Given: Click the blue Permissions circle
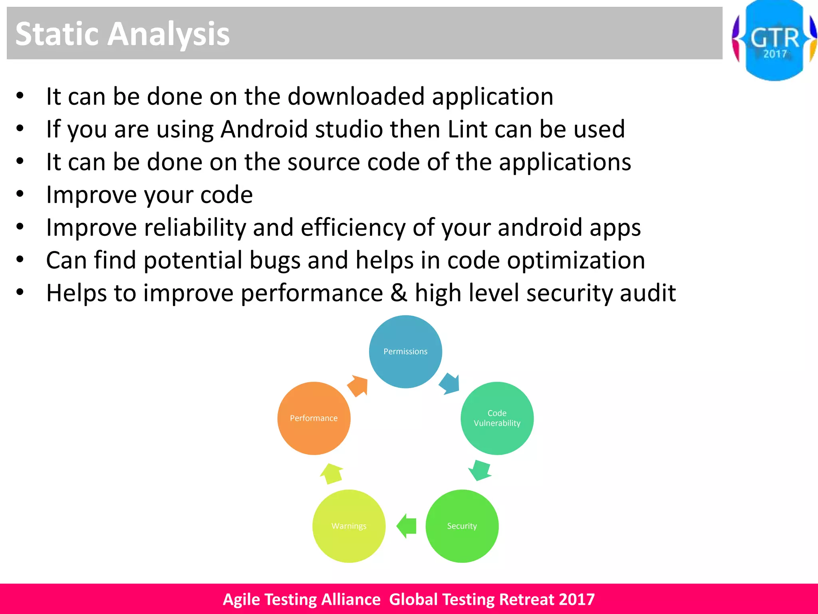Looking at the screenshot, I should pyautogui.click(x=405, y=351).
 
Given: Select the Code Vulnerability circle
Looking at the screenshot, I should pyautogui.click(x=497, y=418).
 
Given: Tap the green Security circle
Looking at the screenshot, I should pyautogui.click(x=462, y=526).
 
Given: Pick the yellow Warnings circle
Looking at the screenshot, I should pyautogui.click(x=349, y=526).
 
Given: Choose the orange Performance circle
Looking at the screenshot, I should pyautogui.click(x=314, y=418).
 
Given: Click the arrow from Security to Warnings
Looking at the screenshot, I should pyautogui.click(x=407, y=526).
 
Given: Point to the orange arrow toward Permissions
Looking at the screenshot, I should pyautogui.click(x=358, y=386).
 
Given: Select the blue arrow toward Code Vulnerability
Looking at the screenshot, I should pyautogui.click(x=450, y=383).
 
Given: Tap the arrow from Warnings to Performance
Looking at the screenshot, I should pyautogui.click(x=332, y=474).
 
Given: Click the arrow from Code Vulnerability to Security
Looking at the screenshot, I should pyautogui.click(x=479, y=470).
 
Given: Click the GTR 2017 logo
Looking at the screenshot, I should pyautogui.click(x=774, y=40).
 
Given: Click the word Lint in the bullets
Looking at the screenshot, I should pyautogui.click(x=467, y=129).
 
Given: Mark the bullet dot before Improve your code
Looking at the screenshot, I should pyautogui.click(x=20, y=194).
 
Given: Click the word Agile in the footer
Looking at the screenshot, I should pyautogui.click(x=241, y=599).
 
